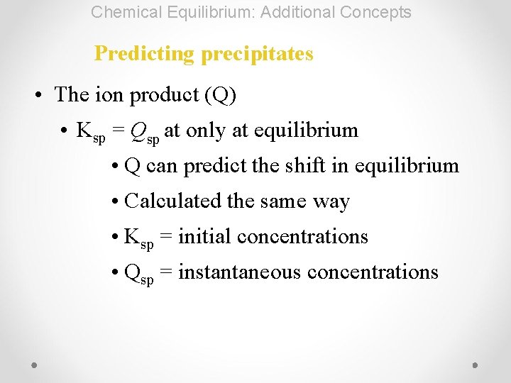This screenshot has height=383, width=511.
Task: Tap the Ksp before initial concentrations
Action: click(138, 238)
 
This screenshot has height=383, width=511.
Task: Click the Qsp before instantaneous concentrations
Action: click(138, 273)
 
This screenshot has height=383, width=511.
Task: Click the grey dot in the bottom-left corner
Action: click(35, 365)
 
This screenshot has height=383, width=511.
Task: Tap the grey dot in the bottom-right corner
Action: click(476, 365)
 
